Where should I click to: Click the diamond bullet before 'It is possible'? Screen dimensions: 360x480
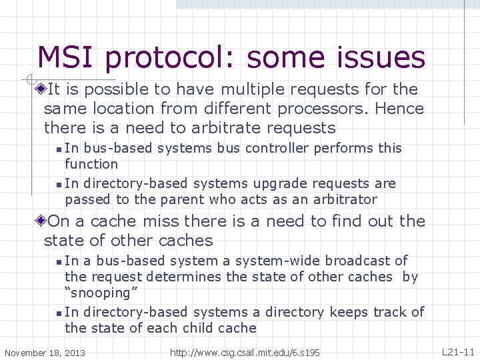tap(42, 89)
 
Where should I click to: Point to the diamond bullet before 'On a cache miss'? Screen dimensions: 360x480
tap(42, 221)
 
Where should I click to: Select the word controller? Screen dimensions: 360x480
tap(277, 148)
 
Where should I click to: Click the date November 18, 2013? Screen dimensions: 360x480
tap(45, 352)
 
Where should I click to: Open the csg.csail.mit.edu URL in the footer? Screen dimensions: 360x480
tap(245, 352)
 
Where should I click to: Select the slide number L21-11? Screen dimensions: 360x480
tap(458, 351)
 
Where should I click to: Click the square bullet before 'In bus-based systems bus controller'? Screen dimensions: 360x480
tap(59, 149)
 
